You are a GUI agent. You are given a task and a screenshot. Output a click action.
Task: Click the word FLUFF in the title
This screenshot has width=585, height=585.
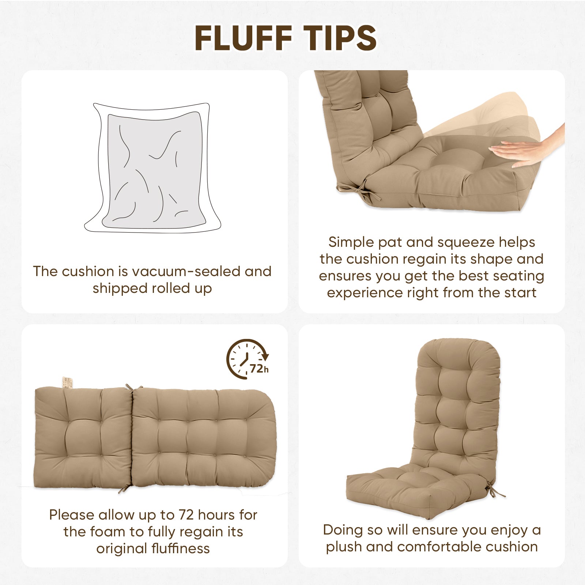244,38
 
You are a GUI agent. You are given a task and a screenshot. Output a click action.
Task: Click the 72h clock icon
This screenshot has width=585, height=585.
248,359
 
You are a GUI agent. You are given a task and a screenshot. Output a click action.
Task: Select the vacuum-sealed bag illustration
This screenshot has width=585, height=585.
152,168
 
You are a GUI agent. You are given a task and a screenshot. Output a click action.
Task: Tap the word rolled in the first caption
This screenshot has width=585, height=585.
170,288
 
